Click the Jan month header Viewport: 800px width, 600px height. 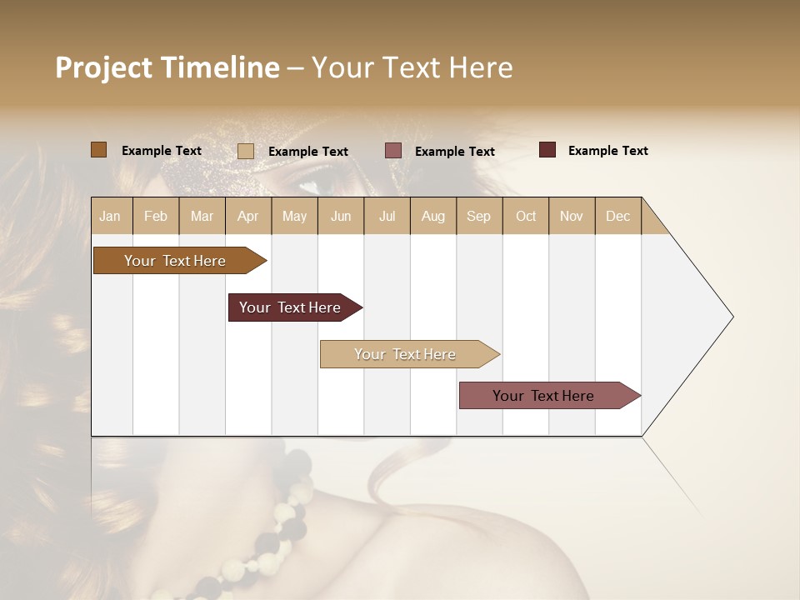pyautogui.click(x=110, y=216)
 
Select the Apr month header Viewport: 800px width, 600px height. pyautogui.click(x=247, y=216)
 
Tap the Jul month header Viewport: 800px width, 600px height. pyautogui.click(x=387, y=216)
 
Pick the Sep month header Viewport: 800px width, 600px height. pyautogui.click(x=478, y=216)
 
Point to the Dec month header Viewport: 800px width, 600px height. pyautogui.click(x=617, y=216)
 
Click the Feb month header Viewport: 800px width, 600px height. pyautogui.click(x=156, y=216)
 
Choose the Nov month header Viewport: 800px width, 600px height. pyautogui.click(x=571, y=216)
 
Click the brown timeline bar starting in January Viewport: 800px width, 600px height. pyautogui.click(x=175, y=261)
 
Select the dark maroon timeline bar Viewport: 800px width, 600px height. pyautogui.click(x=290, y=307)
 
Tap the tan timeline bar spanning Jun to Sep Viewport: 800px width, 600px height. pyautogui.click(x=405, y=354)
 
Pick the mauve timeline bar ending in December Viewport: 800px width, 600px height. pyautogui.click(x=543, y=396)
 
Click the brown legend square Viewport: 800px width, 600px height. pyautogui.click(x=98, y=150)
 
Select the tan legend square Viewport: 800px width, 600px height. pyautogui.click(x=245, y=151)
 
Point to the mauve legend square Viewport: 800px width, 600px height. pyautogui.click(x=393, y=151)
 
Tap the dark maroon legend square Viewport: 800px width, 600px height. pyautogui.click(x=547, y=150)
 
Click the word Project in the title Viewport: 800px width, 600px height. pyautogui.click(x=103, y=67)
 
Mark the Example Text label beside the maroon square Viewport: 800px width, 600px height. pyautogui.click(x=607, y=151)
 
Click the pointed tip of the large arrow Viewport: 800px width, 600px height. pyautogui.click(x=731, y=317)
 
